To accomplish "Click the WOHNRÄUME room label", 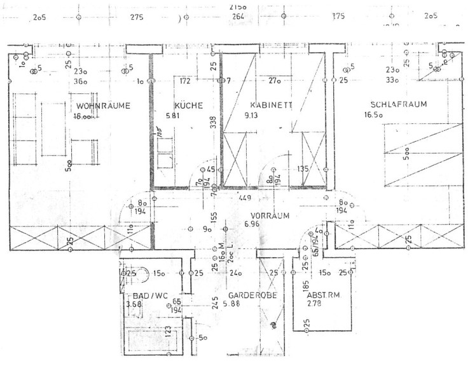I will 103,105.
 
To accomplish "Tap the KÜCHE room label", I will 188,105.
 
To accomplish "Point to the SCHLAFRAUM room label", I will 400,104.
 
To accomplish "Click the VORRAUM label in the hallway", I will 266,215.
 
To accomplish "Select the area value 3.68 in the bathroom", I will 134,305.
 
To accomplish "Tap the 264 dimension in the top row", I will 237,17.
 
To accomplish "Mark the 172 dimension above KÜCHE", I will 185,81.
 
